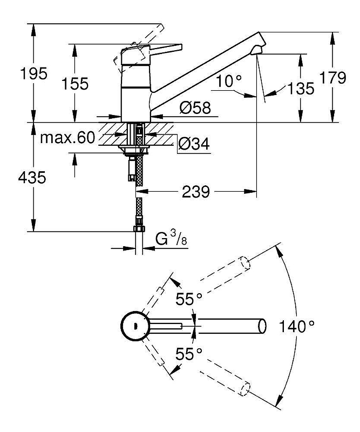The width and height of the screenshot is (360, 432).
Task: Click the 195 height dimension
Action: tap(34, 73)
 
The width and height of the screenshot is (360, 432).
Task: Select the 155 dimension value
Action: tap(75, 84)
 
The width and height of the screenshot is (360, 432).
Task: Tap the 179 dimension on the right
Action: tap(332, 77)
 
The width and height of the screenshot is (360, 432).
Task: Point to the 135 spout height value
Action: tap(301, 89)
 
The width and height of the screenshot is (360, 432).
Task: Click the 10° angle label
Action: tap(229, 81)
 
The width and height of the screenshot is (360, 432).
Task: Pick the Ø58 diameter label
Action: tap(195, 107)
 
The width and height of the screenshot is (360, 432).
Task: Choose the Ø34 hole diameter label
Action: tap(194, 143)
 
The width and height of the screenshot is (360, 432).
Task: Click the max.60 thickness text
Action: tap(67, 137)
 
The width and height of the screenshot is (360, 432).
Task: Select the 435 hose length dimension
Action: tap(32, 177)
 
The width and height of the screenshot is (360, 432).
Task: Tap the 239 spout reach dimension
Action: tap(196, 192)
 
